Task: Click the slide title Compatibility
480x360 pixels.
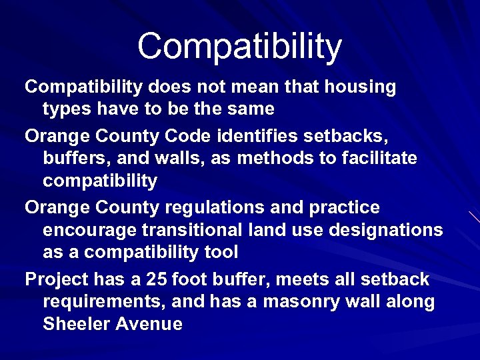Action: coord(239,47)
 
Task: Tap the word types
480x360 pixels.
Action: coord(65,109)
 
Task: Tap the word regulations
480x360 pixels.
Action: coord(215,208)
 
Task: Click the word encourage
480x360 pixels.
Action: coord(85,231)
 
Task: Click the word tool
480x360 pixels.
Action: coord(221,253)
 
